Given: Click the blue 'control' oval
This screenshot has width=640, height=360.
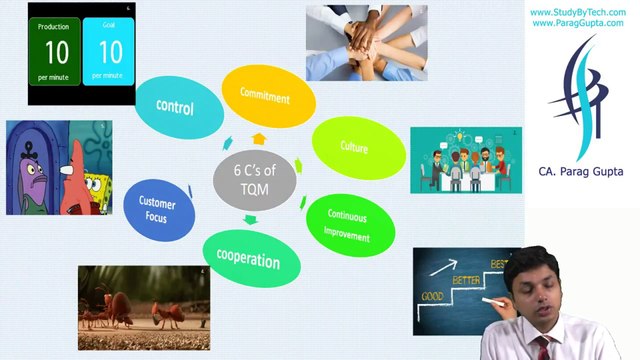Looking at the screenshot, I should [x=175, y=107].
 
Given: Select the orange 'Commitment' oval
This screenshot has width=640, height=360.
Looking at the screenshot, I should [x=265, y=96].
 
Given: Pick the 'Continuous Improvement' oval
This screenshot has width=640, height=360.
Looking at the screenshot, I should [x=346, y=226].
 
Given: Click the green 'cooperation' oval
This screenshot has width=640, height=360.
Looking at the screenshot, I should [x=249, y=259].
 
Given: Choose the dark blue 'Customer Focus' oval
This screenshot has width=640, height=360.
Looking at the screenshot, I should [x=157, y=208].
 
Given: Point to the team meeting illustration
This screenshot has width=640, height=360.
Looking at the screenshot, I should [x=465, y=160].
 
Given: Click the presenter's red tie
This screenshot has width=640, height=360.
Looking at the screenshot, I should [x=541, y=349].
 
